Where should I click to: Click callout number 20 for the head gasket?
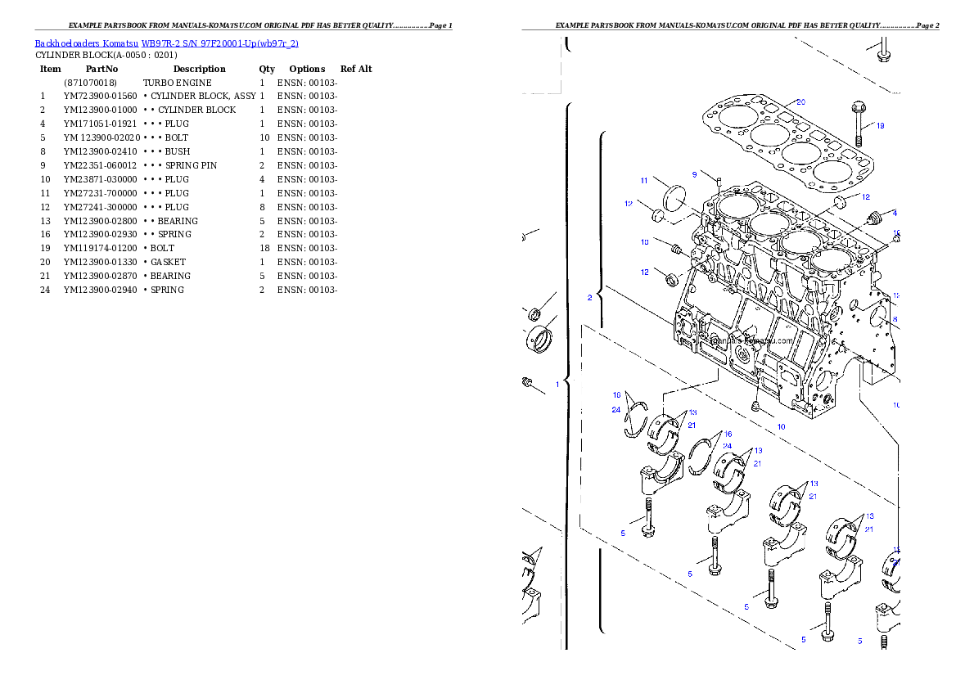tap(800, 101)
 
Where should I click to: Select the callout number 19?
tap(880, 126)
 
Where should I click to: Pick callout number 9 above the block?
tap(694, 174)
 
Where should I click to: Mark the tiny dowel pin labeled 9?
tap(718, 182)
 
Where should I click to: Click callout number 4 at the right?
tap(895, 213)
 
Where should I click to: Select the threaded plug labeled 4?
tap(873, 218)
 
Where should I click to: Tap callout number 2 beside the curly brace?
tap(589, 298)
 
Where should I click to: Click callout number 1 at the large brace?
tap(557, 383)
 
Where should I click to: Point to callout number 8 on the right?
tap(895, 319)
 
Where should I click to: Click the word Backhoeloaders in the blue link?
tap(61, 43)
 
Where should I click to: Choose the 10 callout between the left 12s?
tap(644, 242)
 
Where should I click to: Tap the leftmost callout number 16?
tap(617, 394)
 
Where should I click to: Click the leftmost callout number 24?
tap(616, 410)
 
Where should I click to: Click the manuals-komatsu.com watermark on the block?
tap(751, 341)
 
